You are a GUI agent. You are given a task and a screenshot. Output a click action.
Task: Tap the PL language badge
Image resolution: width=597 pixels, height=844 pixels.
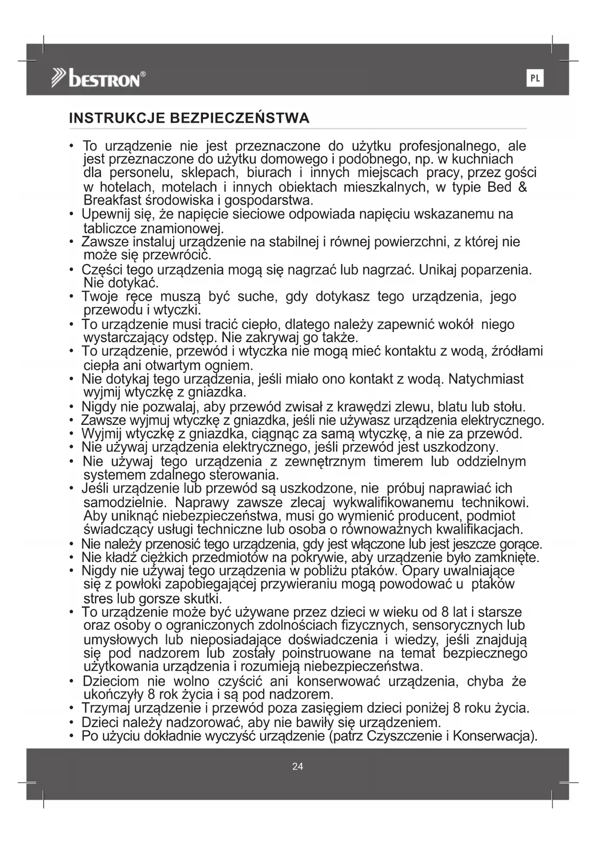535,78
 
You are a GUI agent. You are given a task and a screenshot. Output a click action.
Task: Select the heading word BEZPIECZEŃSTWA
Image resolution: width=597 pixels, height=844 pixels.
240,118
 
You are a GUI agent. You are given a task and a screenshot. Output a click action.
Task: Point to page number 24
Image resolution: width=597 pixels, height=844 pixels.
298,767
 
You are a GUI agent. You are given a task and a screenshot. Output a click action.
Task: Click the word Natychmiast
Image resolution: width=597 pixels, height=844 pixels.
486,379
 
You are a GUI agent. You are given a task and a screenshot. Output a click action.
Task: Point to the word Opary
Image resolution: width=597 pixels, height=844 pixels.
420,571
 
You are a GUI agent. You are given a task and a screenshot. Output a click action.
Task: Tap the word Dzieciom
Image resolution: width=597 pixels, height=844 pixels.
111,681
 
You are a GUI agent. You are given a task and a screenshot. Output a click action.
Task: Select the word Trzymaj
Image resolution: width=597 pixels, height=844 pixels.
106,708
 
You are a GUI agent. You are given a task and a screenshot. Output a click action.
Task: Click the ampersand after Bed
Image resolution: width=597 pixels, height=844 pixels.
522,187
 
